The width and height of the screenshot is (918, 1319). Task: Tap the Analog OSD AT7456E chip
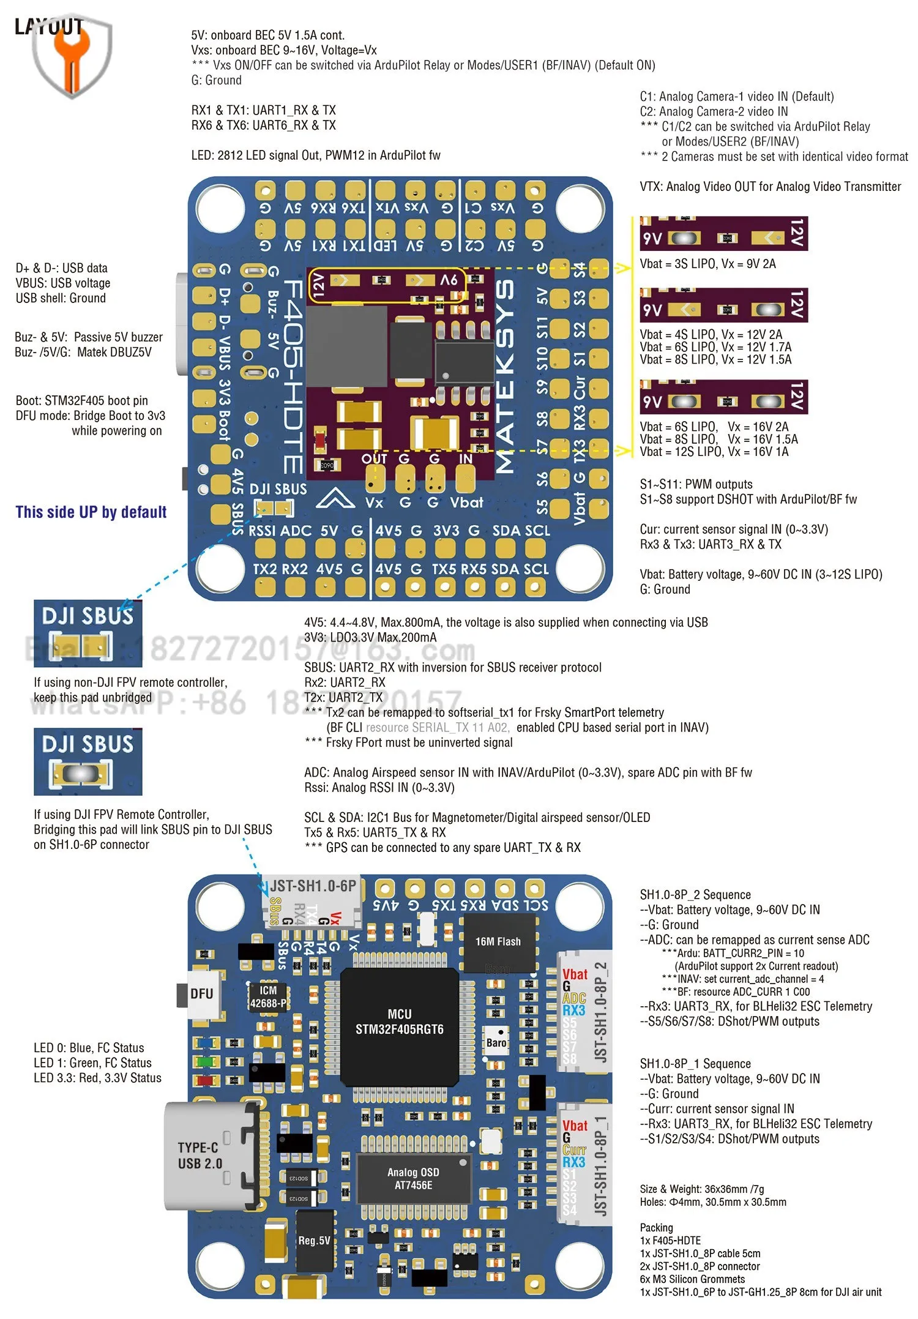413,1178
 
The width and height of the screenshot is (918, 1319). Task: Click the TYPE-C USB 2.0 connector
208,1156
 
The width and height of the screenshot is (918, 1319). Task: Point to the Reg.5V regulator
314,1240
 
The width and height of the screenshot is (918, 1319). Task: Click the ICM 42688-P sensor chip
268,996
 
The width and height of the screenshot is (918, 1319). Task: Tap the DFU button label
201,993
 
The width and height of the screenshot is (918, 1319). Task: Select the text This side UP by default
91,512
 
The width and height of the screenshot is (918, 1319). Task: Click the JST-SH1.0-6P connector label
313,886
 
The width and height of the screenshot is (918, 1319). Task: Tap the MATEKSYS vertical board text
504,376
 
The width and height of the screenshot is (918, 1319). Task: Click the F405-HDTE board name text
293,376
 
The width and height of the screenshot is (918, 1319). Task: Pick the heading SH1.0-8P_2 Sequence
695,894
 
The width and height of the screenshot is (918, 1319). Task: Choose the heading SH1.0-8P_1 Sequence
695,1063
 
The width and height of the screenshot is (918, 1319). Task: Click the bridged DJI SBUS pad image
88,761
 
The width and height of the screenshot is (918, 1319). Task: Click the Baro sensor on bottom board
496,1042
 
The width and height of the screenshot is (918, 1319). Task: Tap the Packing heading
656,1227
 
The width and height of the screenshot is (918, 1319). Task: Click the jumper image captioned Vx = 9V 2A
723,233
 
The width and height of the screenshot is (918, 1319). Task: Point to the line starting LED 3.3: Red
97,1078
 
